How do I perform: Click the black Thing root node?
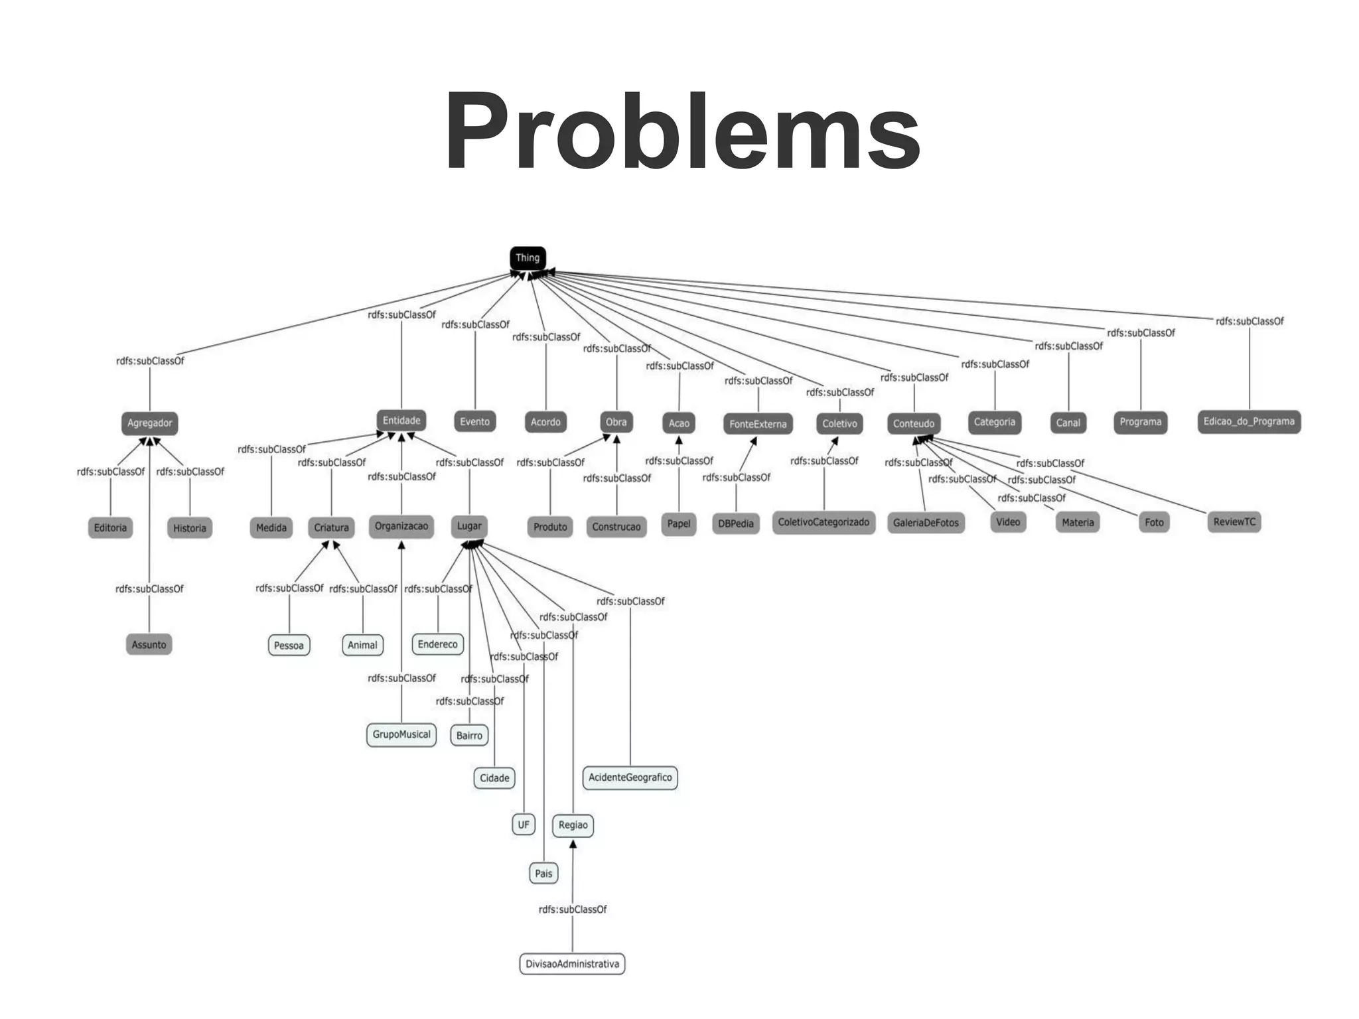click(528, 258)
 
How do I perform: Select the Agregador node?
click(150, 423)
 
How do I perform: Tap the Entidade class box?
click(401, 421)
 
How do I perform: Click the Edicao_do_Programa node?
click(1249, 422)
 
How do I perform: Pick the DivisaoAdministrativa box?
click(572, 964)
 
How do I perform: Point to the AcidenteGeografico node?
click(630, 778)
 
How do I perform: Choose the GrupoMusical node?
click(401, 734)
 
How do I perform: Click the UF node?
click(524, 825)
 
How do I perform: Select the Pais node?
click(543, 873)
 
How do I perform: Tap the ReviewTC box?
click(1234, 522)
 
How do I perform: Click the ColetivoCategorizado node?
click(823, 523)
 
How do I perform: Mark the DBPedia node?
click(736, 523)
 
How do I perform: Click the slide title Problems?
click(682, 131)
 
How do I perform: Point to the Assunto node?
click(149, 645)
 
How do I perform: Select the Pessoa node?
click(289, 645)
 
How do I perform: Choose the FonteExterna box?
click(758, 424)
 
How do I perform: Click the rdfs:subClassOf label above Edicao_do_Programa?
click(1250, 322)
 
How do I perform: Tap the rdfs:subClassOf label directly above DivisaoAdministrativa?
click(573, 910)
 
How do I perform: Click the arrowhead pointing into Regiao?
click(573, 845)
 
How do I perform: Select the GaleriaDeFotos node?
click(926, 523)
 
